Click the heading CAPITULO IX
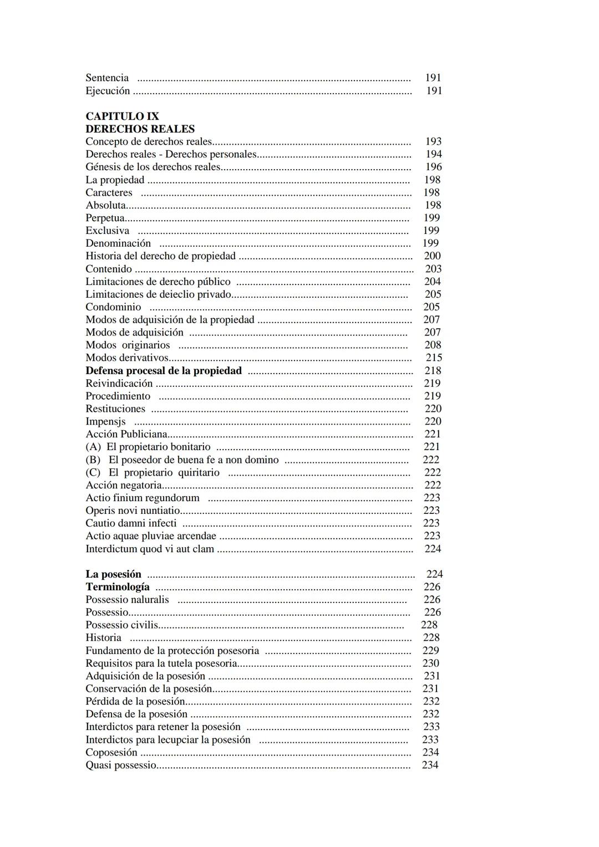coord(122,116)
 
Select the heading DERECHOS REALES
coord(140,129)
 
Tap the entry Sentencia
coord(107,78)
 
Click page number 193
coord(433,142)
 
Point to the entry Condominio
coord(113,307)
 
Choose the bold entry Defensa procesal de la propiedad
coord(164,371)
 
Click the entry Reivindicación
coord(119,384)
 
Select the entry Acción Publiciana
coord(126,434)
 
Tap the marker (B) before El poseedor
coord(93,460)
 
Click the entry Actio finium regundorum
coord(143,498)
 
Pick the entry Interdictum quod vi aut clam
coord(150,549)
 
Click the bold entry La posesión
coord(113,574)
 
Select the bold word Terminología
coord(118,587)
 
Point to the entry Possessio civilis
coord(121,625)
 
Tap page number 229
coord(430,651)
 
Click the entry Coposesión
coord(111,753)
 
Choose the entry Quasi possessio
coord(121,766)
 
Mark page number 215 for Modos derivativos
coord(434,358)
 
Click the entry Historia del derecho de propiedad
coord(160,256)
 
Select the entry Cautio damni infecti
coord(131,523)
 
